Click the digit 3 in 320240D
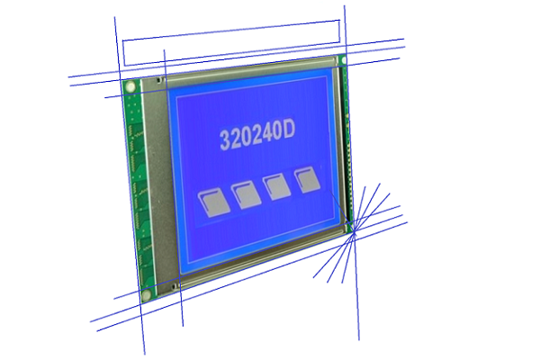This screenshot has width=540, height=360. [225, 139]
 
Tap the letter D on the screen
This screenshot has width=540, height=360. [288, 130]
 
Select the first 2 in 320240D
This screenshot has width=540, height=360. [236, 138]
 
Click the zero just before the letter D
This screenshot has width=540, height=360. [276, 132]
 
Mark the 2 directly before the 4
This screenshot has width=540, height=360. [256, 135]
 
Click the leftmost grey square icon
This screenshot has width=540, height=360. [214, 202]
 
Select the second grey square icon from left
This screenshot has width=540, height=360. [246, 194]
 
